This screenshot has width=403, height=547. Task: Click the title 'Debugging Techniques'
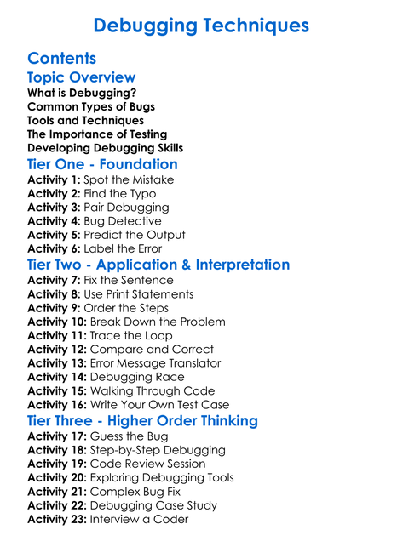pyautogui.click(x=201, y=26)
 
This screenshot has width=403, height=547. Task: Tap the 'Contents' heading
pyautogui.click(x=61, y=59)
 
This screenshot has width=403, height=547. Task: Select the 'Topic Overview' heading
pyautogui.click(x=81, y=78)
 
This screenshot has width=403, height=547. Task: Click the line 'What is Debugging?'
pyautogui.click(x=82, y=93)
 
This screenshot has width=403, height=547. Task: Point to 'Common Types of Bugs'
pyautogui.click(x=91, y=106)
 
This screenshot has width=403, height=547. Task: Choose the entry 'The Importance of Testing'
pyautogui.click(x=97, y=134)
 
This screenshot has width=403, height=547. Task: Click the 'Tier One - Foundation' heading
pyautogui.click(x=102, y=164)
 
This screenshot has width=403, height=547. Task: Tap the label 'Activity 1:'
pyautogui.click(x=55, y=180)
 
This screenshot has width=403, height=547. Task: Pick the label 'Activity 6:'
pyautogui.click(x=55, y=248)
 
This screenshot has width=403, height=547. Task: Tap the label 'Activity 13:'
pyautogui.click(x=58, y=363)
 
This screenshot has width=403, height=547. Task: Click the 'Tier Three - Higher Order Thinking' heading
pyautogui.click(x=142, y=421)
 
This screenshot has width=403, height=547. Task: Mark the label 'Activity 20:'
pyautogui.click(x=58, y=478)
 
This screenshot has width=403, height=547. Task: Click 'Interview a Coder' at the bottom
pyautogui.click(x=139, y=519)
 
